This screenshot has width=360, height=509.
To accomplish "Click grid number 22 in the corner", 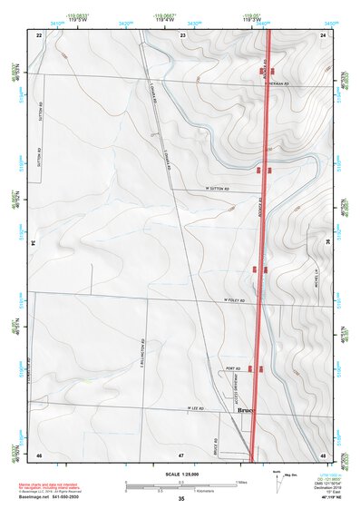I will pyautogui.click(x=39, y=34).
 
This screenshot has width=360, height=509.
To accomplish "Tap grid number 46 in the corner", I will pyautogui.click(x=39, y=453).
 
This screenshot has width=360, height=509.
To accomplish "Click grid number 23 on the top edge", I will pyautogui.click(x=182, y=34).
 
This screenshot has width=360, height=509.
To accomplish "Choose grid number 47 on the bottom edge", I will pyautogui.click(x=181, y=453).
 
